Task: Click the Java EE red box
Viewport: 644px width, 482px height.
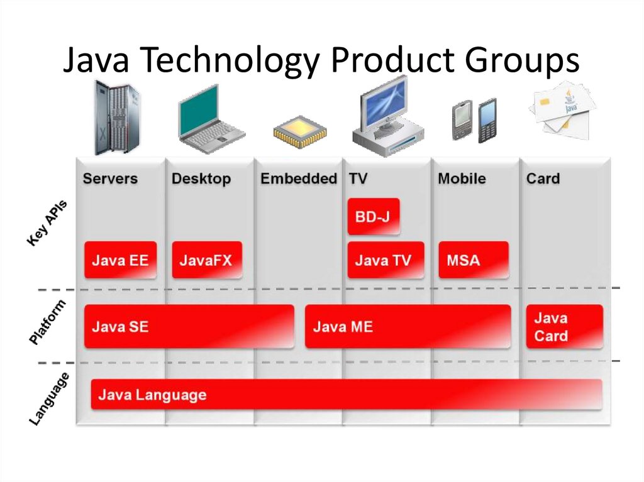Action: point(120,260)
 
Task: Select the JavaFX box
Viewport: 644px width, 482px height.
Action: point(206,260)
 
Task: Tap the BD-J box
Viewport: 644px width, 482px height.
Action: point(373,217)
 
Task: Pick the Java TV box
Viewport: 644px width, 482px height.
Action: point(385,260)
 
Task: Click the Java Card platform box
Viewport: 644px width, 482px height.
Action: point(564,327)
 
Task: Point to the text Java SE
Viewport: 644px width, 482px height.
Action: point(120,327)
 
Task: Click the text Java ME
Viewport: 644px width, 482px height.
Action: point(343,327)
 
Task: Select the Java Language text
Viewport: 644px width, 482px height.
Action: point(152,395)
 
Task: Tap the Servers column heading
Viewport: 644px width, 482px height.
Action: point(110,178)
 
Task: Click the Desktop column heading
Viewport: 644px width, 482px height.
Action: point(201,178)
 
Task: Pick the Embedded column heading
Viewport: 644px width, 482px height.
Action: point(299,178)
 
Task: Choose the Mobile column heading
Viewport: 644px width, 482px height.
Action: point(462,178)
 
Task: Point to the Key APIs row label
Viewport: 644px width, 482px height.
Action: point(47,223)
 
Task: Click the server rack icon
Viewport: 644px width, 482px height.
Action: point(116,118)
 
